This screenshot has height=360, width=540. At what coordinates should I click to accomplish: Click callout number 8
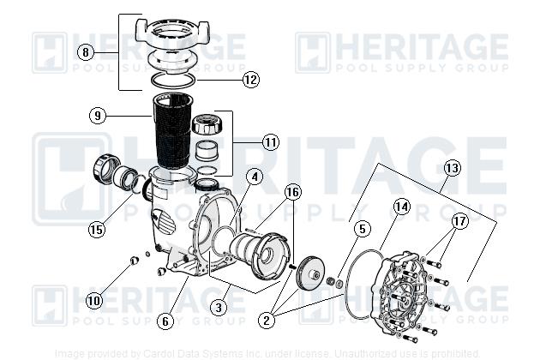(84, 52)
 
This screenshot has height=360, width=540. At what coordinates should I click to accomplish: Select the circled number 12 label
(249, 80)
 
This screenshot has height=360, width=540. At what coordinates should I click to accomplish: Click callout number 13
(453, 168)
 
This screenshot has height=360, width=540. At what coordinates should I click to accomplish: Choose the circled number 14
(402, 207)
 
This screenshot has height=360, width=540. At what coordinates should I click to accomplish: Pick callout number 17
(461, 220)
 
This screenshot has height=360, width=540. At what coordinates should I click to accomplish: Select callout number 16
(293, 192)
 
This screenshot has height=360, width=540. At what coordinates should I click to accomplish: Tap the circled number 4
(255, 178)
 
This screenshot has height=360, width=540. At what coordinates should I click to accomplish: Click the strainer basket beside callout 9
(177, 133)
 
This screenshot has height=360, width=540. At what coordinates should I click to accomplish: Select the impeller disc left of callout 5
(308, 272)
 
